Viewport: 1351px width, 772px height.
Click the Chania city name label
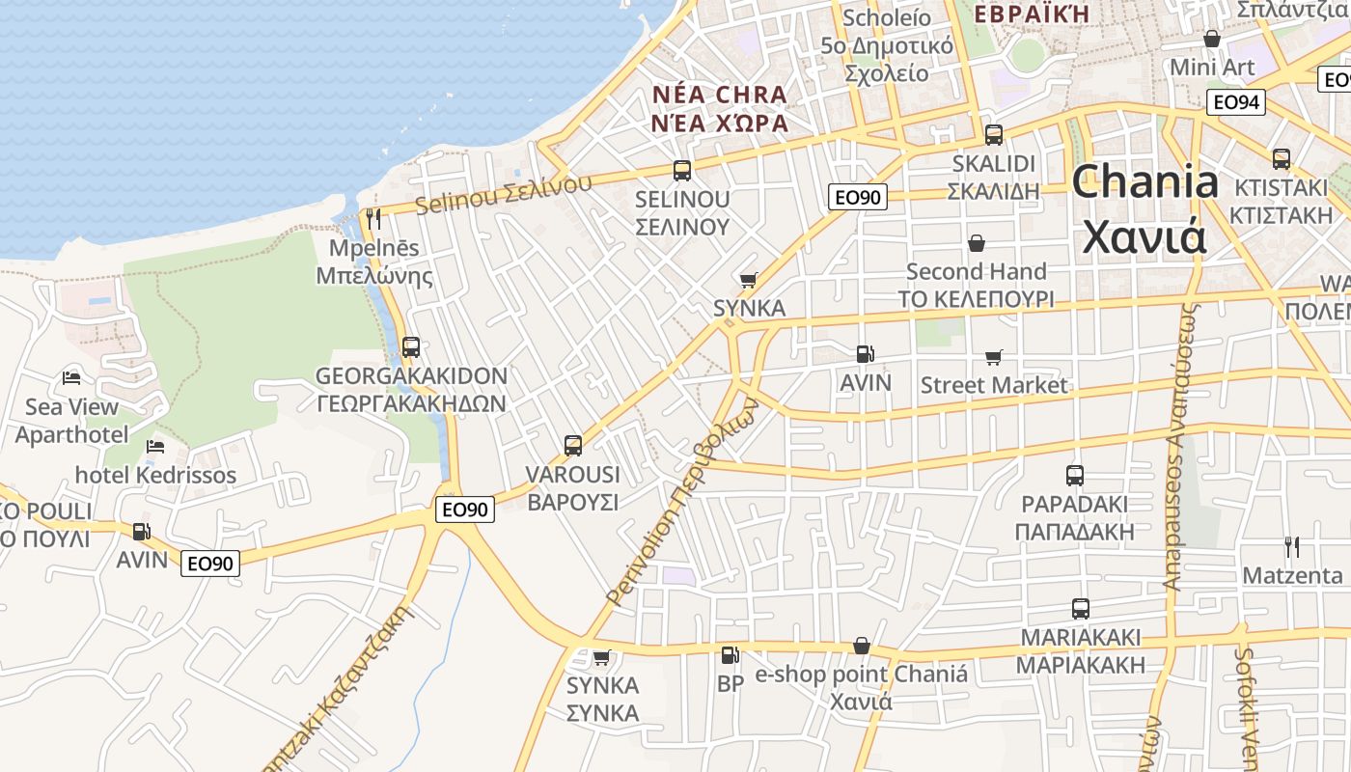(x=1144, y=208)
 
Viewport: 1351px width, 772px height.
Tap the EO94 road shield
(x=1236, y=102)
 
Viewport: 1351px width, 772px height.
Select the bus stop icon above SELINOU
(x=682, y=171)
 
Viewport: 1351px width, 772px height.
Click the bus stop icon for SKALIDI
(x=994, y=135)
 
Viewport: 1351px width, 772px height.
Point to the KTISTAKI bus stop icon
(x=1282, y=159)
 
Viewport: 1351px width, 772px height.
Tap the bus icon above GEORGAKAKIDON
(x=411, y=346)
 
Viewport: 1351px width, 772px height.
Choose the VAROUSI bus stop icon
(x=573, y=446)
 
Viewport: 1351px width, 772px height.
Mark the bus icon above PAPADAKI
(x=1075, y=475)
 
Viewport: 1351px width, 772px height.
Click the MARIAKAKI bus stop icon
(x=1081, y=609)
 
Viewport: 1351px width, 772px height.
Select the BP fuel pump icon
(x=731, y=655)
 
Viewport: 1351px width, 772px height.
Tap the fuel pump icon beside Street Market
(x=866, y=355)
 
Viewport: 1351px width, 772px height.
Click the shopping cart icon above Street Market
(x=994, y=358)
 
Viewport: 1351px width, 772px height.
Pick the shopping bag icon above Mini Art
(x=1212, y=39)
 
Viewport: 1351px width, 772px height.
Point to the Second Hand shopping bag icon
(x=977, y=242)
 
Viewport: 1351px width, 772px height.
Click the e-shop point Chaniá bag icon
(x=862, y=646)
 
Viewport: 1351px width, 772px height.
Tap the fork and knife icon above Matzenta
(x=1292, y=547)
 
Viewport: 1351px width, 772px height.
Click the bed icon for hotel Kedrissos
(x=155, y=447)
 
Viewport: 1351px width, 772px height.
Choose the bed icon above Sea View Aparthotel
(x=71, y=377)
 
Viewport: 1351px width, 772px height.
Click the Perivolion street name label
(x=681, y=501)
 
